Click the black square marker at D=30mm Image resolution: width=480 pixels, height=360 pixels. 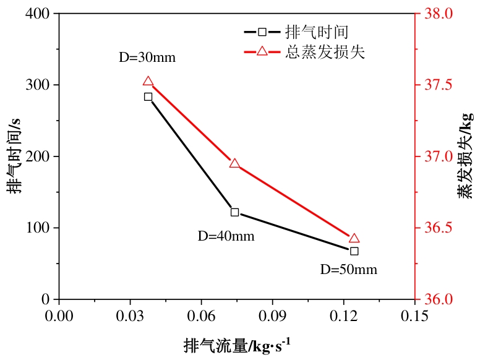coord(148,96)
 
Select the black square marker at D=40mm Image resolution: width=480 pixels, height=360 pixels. coord(234,212)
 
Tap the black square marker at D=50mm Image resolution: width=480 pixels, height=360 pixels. coord(354,251)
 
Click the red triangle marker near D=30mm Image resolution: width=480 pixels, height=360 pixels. coord(148,82)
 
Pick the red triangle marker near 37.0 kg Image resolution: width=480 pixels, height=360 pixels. coord(234,163)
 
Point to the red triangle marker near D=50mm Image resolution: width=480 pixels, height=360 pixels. coord(354,238)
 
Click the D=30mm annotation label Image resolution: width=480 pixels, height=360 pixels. coord(147,58)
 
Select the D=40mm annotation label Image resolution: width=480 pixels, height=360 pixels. coord(226,236)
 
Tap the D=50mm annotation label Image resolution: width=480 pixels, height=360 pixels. coord(348,270)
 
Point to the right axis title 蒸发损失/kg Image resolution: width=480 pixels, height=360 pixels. coord(465,156)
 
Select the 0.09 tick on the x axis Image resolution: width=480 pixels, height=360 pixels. coord(273,315)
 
